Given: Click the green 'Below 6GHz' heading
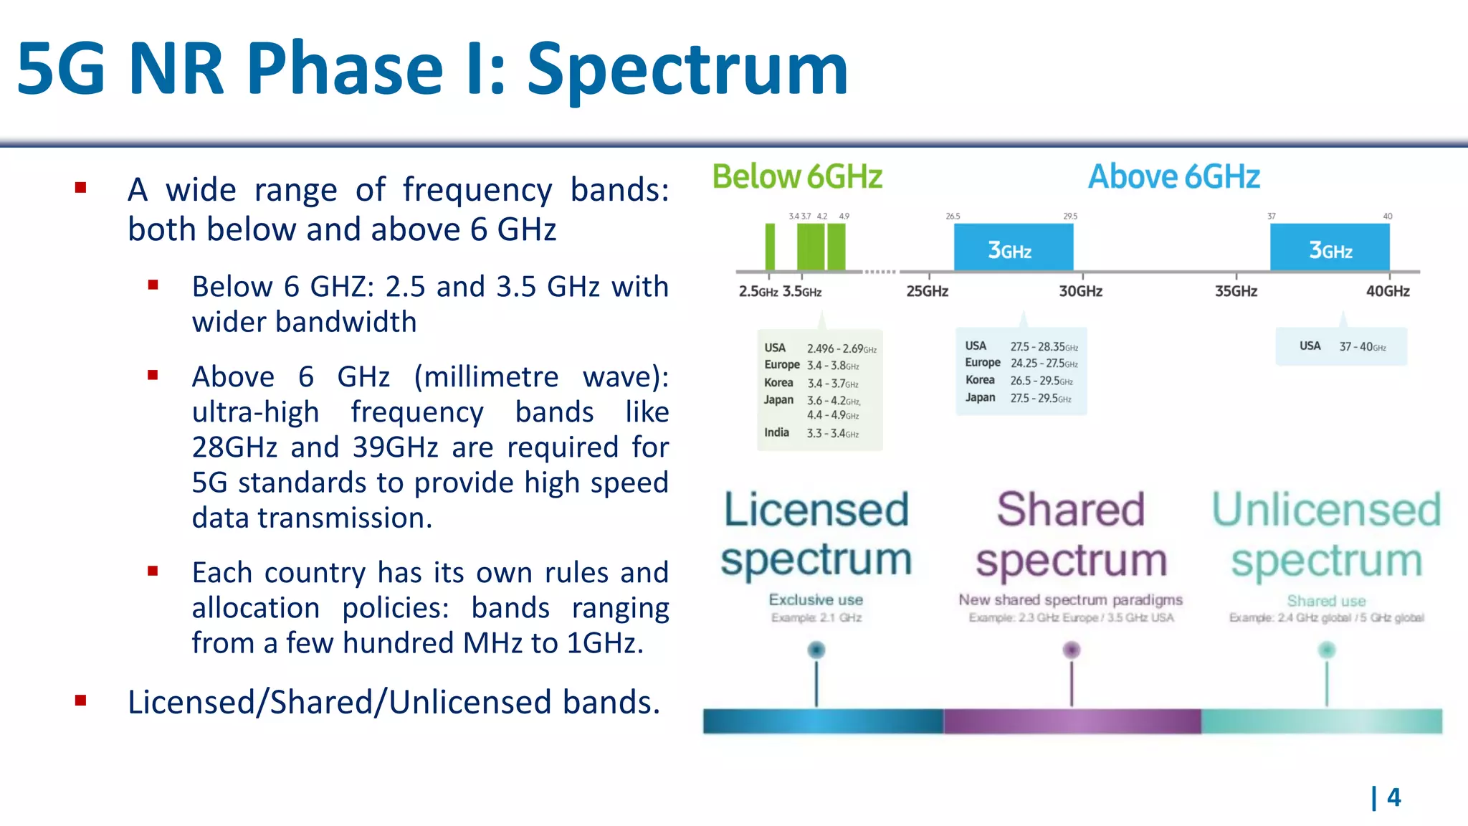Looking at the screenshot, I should (796, 177).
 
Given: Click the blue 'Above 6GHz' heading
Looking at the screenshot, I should (1173, 177).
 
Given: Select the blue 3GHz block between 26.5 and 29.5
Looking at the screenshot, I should (1013, 248).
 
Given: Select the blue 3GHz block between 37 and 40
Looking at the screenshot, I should (1330, 248).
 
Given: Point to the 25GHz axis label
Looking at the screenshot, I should (927, 292).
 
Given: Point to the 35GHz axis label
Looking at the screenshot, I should (1236, 292).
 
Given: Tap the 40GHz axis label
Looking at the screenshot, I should (1387, 292).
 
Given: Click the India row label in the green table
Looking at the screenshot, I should (776, 432).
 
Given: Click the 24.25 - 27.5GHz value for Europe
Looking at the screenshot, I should (1044, 364).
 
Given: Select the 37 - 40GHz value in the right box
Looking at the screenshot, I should (1362, 347).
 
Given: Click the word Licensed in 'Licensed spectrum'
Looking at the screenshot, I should (816, 510).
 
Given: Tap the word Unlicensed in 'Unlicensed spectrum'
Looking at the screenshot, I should (1326, 510).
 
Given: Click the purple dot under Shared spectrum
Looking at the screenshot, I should (1072, 650).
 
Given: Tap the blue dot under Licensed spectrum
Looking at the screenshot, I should (816, 650).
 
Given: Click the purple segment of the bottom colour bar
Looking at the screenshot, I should (1072, 721).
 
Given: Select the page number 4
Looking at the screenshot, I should (1393, 797).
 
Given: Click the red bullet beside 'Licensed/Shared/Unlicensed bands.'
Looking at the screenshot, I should (81, 701).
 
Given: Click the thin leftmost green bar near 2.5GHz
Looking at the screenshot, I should (770, 247).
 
